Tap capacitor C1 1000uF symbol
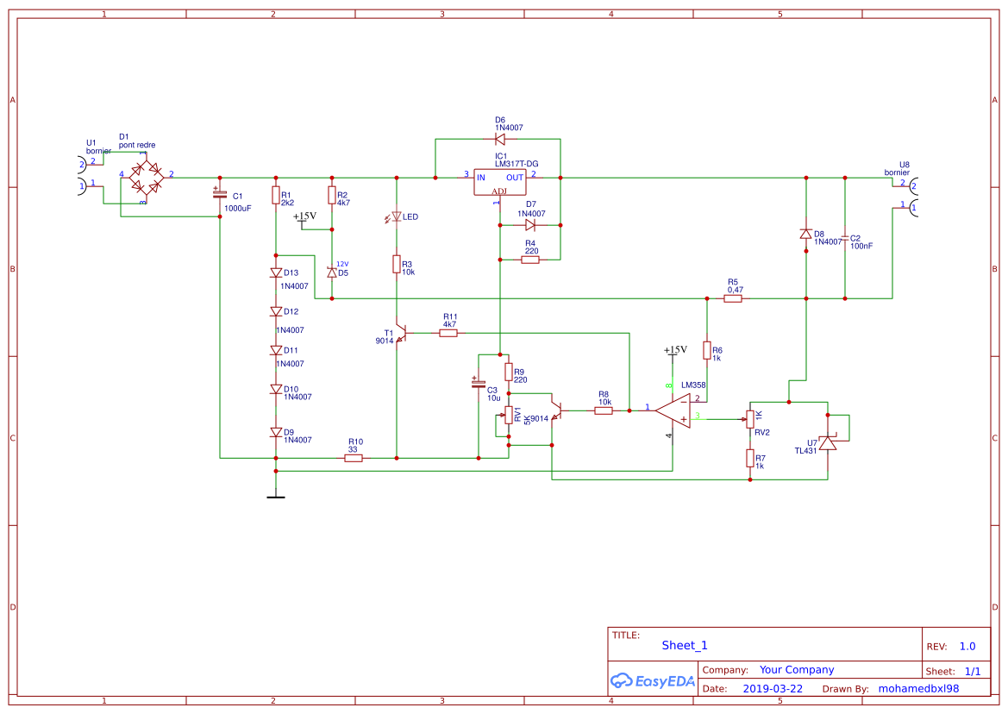click(220, 196)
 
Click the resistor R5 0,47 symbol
click(733, 298)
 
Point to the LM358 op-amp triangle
click(673, 410)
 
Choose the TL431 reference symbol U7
click(828, 443)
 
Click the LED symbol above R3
click(397, 217)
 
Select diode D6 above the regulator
click(500, 138)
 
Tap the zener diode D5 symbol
click(332, 272)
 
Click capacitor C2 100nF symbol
click(845, 238)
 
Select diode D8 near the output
click(805, 234)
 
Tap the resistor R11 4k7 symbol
click(448, 333)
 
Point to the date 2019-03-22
click(772, 689)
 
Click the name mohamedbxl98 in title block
click(918, 689)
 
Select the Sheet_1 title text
click(685, 645)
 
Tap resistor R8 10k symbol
click(604, 410)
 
